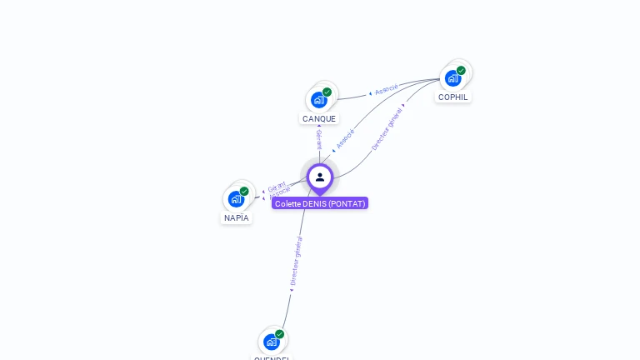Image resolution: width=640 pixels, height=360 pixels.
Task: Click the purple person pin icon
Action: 320,177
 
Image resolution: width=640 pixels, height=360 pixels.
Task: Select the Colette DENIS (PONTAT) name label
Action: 320,203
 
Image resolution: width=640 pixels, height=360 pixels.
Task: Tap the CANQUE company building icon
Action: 318,100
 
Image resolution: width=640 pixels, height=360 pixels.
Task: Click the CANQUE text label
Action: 319,118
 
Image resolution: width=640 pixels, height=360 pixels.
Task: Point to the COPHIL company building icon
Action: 452,78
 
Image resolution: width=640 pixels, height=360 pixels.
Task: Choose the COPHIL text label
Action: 453,97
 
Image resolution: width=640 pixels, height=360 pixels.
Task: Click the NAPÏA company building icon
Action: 236,199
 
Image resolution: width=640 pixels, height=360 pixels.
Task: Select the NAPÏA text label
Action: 237,217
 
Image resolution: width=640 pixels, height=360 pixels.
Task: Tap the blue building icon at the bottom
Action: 272,342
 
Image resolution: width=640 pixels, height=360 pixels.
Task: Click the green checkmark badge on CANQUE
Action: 327,92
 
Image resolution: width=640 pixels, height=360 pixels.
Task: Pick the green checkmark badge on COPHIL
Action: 461,71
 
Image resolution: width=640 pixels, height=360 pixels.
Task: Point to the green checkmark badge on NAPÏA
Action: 244,191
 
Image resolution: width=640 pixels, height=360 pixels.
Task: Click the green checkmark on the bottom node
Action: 280,334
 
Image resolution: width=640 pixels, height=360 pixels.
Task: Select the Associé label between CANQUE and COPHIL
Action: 387,89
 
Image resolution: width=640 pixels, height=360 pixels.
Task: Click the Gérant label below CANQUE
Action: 319,139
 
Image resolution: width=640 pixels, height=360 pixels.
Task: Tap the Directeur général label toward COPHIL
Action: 387,127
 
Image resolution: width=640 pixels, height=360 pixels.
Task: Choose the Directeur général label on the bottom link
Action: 296,262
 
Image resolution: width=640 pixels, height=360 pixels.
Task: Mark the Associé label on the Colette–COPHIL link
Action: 346,139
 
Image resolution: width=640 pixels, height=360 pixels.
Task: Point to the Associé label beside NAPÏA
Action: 280,192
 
